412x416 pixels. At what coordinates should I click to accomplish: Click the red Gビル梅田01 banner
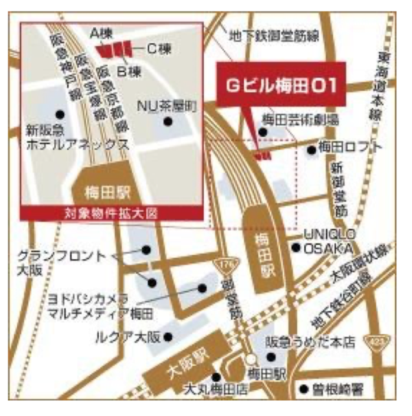pyautogui.click(x=281, y=85)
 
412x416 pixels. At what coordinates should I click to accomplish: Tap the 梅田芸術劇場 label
pyautogui.click(x=300, y=120)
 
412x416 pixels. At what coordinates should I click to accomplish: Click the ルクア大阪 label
pyautogui.click(x=128, y=336)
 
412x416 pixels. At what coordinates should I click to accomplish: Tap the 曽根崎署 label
pyautogui.click(x=337, y=390)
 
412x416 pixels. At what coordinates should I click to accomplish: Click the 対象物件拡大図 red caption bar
pyautogui.click(x=111, y=212)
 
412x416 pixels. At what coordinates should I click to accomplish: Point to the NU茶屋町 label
pyautogui.click(x=167, y=106)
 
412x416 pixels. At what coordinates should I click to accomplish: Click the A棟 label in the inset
pyautogui.click(x=101, y=32)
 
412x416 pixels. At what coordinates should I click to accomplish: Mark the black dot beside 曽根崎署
pyautogui.click(x=303, y=390)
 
